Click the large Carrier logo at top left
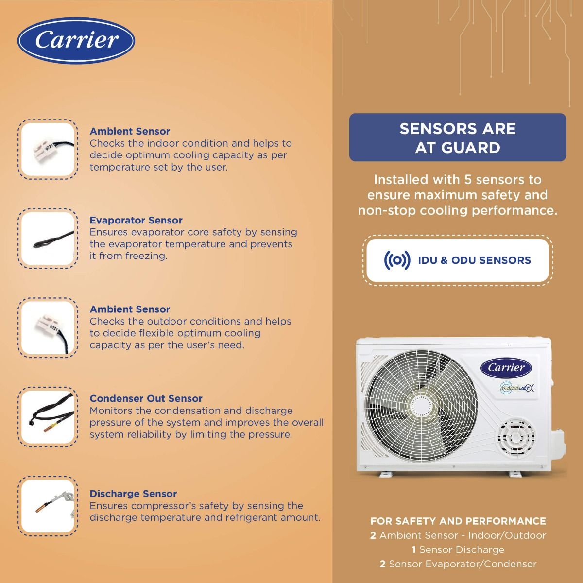pyautogui.click(x=76, y=40)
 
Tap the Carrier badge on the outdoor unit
pyautogui.click(x=506, y=368)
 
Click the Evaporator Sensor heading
pyautogui.click(x=136, y=220)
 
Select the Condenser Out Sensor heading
pyautogui.click(x=146, y=398)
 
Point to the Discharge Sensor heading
pyautogui.click(x=133, y=494)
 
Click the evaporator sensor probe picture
pyautogui.click(x=48, y=239)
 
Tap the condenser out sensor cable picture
pyautogui.click(x=48, y=416)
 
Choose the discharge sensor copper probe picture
pyautogui.click(x=48, y=506)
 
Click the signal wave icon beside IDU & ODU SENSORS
pyautogui.click(x=397, y=260)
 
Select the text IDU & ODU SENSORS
pyautogui.click(x=474, y=260)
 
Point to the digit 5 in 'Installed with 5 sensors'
pyautogui.click(x=468, y=180)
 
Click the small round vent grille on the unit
pyautogui.click(x=516, y=437)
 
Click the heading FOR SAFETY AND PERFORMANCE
pyautogui.click(x=458, y=521)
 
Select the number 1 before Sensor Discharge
pyautogui.click(x=413, y=549)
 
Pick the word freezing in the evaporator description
pyautogui.click(x=146, y=256)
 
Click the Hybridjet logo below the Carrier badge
pyautogui.click(x=516, y=388)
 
